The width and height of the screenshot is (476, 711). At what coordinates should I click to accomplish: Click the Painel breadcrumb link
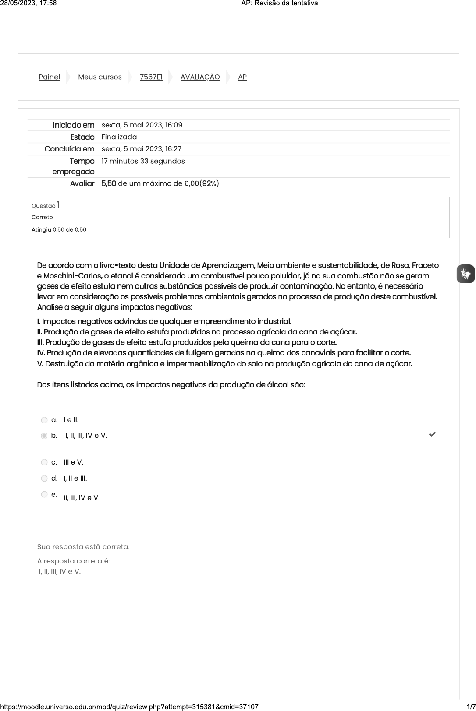(49, 77)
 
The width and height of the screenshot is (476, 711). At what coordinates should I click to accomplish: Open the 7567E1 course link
(151, 77)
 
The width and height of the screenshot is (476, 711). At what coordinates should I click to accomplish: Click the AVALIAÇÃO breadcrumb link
(200, 77)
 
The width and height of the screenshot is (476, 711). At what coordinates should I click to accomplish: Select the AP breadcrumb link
(242, 77)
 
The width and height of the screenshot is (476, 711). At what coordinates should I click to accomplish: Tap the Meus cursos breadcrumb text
(99, 77)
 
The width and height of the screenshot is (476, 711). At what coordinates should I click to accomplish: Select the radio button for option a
(44, 420)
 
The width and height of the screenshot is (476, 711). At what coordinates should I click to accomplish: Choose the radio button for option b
(44, 436)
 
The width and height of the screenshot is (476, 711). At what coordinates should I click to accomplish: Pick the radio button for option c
(44, 462)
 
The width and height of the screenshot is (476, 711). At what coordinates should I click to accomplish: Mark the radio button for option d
(44, 479)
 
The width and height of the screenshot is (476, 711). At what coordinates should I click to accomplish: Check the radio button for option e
(44, 495)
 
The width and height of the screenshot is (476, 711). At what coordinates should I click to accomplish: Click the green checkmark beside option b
(432, 434)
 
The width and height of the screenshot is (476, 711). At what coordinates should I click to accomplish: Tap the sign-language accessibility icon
(465, 274)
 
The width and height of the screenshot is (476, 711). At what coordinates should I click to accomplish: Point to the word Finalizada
(119, 137)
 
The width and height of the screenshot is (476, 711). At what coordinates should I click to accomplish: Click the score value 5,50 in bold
(109, 183)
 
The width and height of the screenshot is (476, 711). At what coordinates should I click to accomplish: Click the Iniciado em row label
(73, 125)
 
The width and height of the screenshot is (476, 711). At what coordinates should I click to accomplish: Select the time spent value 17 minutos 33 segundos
(143, 161)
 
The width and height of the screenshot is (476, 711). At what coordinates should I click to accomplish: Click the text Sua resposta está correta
(83, 547)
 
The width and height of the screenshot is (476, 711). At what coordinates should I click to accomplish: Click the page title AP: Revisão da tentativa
(279, 4)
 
